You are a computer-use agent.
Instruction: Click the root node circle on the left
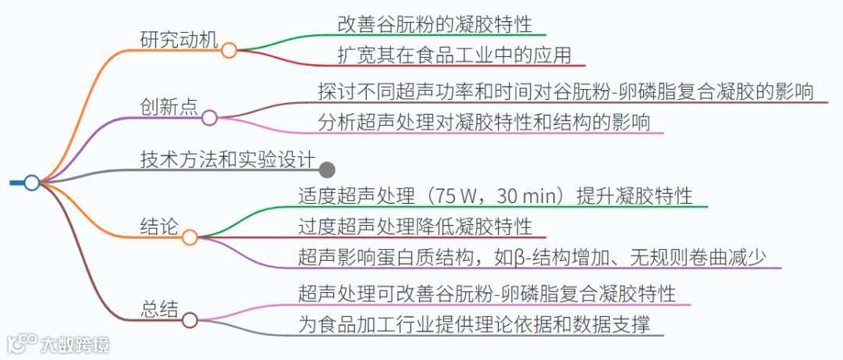[x=31, y=183]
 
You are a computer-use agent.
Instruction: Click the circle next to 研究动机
[x=229, y=51]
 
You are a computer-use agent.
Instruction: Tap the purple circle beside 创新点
[x=209, y=118]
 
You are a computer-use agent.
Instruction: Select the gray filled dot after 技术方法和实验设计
[x=328, y=169]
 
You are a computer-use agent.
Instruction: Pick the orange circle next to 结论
[x=190, y=237]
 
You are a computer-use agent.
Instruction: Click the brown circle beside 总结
[x=190, y=319]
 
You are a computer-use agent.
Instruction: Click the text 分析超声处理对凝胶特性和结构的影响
[x=484, y=123]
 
